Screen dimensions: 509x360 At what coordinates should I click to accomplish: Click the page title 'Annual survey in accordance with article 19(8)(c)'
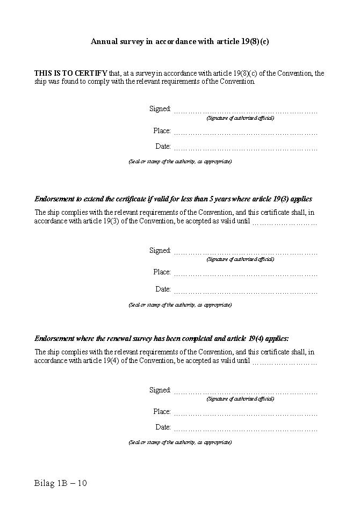179,41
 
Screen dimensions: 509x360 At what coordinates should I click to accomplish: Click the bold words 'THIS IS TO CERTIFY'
70,74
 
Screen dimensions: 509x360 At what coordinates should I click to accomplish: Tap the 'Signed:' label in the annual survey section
160,109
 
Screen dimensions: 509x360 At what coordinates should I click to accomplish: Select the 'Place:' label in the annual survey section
162,131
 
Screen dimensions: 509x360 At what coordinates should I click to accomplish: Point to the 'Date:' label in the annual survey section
163,147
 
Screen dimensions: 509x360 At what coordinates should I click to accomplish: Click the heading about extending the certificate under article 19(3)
173,199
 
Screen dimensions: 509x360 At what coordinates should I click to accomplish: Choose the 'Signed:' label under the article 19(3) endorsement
160,251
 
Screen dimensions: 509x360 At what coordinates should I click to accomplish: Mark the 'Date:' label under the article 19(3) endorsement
163,289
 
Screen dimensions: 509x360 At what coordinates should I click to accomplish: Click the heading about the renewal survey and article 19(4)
162,339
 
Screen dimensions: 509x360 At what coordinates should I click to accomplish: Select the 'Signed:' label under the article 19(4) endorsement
160,390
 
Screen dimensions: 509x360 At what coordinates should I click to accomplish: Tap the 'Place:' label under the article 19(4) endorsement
162,412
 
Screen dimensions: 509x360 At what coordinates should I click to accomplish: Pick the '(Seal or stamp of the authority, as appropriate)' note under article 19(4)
180,442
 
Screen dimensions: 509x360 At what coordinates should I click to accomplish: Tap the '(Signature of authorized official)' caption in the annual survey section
240,118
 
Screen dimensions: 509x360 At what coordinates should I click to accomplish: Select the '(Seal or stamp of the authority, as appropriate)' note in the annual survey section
180,162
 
